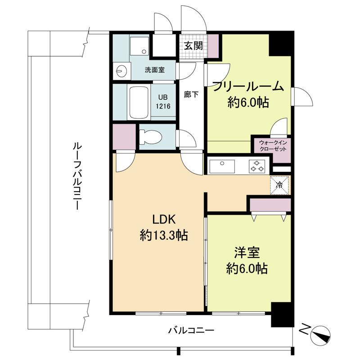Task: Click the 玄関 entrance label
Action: [x=193, y=46]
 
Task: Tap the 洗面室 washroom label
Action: [x=155, y=70]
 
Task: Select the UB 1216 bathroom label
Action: [x=163, y=102]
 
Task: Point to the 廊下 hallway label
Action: [x=191, y=94]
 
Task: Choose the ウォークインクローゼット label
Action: [x=273, y=146]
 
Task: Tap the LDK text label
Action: [x=164, y=219]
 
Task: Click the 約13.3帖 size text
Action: [x=164, y=235]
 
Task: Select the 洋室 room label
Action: [x=247, y=252]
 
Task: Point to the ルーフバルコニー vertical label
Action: [x=76, y=176]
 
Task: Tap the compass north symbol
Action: [x=320, y=335]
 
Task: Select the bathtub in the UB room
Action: [x=139, y=102]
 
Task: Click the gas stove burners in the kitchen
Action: [x=257, y=166]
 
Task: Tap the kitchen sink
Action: [x=222, y=166]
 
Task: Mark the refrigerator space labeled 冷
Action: [x=279, y=185]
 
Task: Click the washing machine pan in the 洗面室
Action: [x=139, y=45]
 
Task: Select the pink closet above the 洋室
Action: [x=270, y=205]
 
